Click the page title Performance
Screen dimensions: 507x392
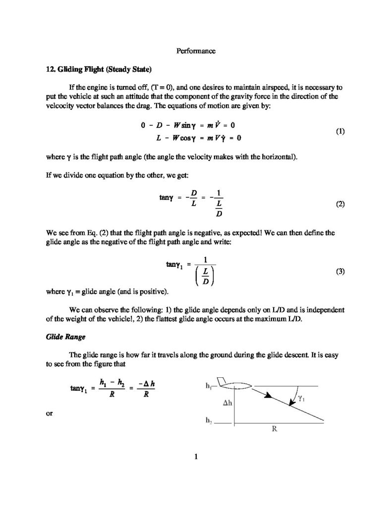196,50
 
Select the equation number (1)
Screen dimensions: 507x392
340,132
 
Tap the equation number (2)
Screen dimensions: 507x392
340,204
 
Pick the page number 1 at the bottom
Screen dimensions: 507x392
196,456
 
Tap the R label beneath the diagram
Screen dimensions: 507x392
274,429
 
